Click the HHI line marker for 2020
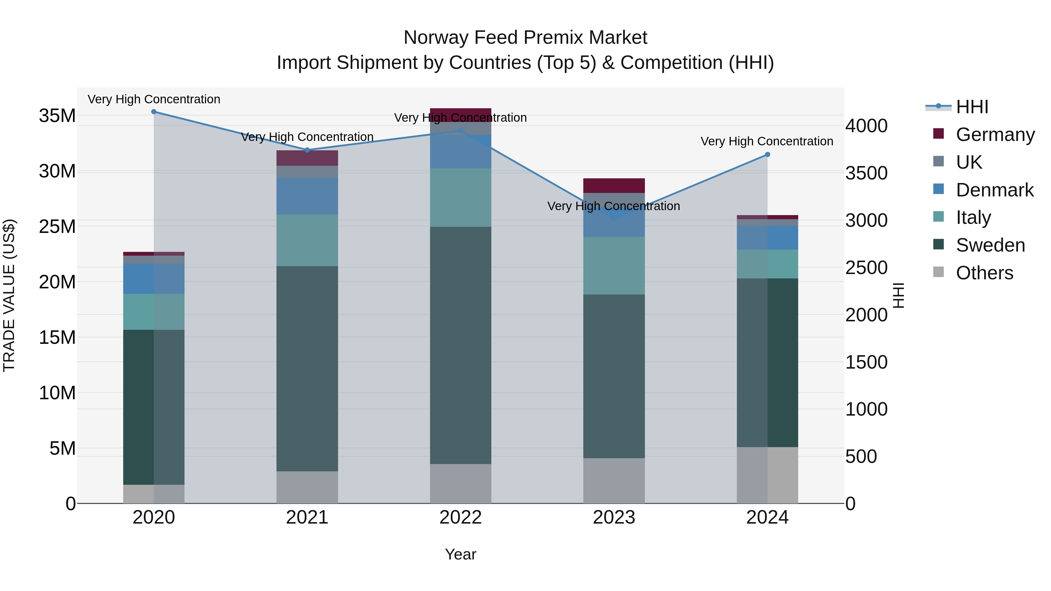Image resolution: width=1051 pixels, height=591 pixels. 154,111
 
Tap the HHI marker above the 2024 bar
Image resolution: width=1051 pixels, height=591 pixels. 768,155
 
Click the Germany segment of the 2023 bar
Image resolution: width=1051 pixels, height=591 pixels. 614,186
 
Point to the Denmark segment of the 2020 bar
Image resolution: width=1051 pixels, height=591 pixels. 154,279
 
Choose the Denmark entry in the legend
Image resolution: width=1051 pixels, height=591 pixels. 994,190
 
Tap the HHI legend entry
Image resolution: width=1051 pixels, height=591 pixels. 972,107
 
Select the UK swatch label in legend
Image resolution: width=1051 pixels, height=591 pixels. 969,162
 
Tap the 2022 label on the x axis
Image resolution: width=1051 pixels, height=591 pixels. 461,517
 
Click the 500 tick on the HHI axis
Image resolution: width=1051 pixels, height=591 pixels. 861,456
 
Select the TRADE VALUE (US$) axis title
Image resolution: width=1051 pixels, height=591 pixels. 9,295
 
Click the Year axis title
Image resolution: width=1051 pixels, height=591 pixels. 461,554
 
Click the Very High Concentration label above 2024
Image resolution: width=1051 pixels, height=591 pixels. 767,141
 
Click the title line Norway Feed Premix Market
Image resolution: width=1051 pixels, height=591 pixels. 525,38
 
